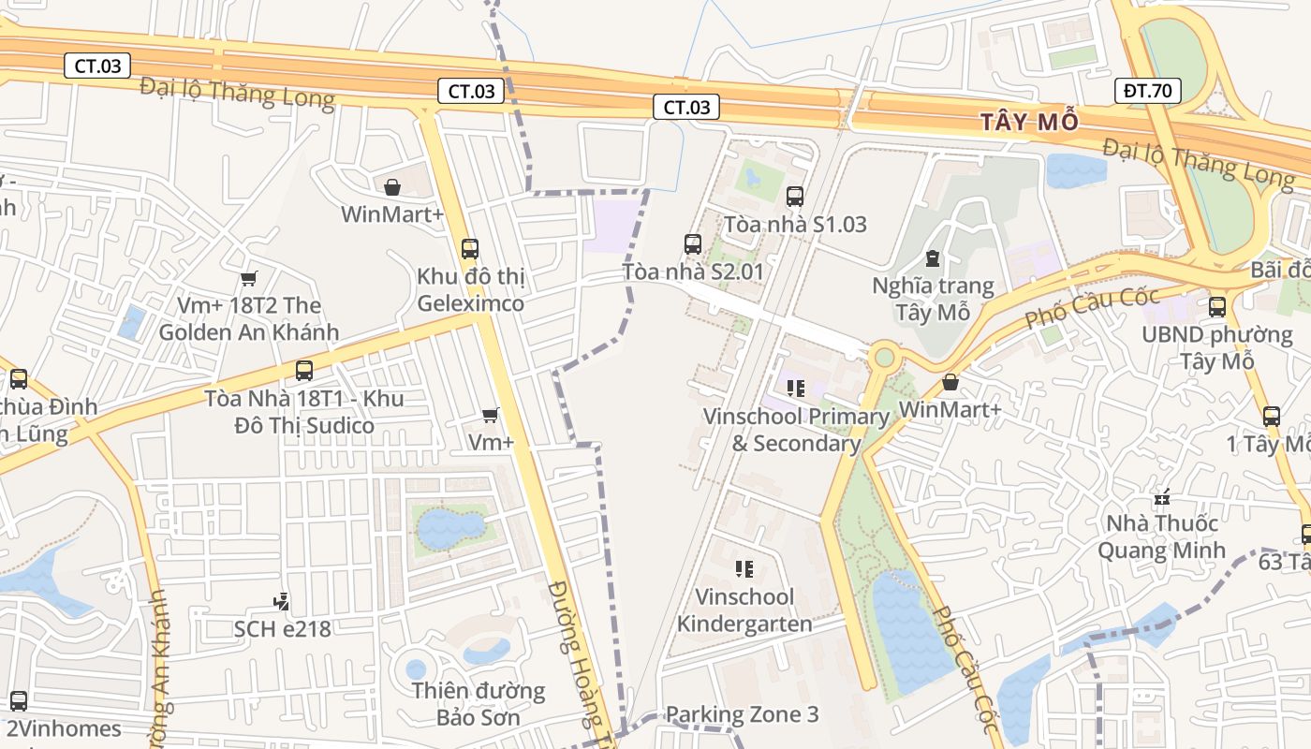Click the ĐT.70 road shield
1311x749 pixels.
click(1148, 91)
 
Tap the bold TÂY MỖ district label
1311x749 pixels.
click(1029, 122)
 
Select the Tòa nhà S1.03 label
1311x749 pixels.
click(795, 224)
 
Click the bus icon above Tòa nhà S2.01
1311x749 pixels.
click(693, 244)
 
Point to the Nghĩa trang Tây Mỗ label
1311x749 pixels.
click(933, 299)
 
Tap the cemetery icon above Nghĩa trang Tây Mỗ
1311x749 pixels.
click(932, 257)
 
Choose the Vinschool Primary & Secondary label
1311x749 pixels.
click(796, 430)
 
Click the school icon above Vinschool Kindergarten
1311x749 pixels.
click(744, 568)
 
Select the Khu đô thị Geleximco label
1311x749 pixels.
click(470, 290)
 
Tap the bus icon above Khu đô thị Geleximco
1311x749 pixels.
click(470, 249)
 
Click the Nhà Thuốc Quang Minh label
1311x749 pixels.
click(1161, 536)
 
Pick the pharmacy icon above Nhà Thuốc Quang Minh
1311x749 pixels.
click(1163, 497)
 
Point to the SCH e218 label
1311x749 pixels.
click(283, 628)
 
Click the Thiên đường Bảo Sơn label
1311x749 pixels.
click(479, 704)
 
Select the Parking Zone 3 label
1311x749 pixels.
click(742, 714)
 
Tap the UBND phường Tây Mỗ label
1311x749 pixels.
click(1216, 347)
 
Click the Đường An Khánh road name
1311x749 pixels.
click(161, 665)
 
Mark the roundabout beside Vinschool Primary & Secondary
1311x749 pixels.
click(882, 357)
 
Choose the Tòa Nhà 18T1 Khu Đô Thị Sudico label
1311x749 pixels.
click(304, 412)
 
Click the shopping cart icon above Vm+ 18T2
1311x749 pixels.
click(248, 278)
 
